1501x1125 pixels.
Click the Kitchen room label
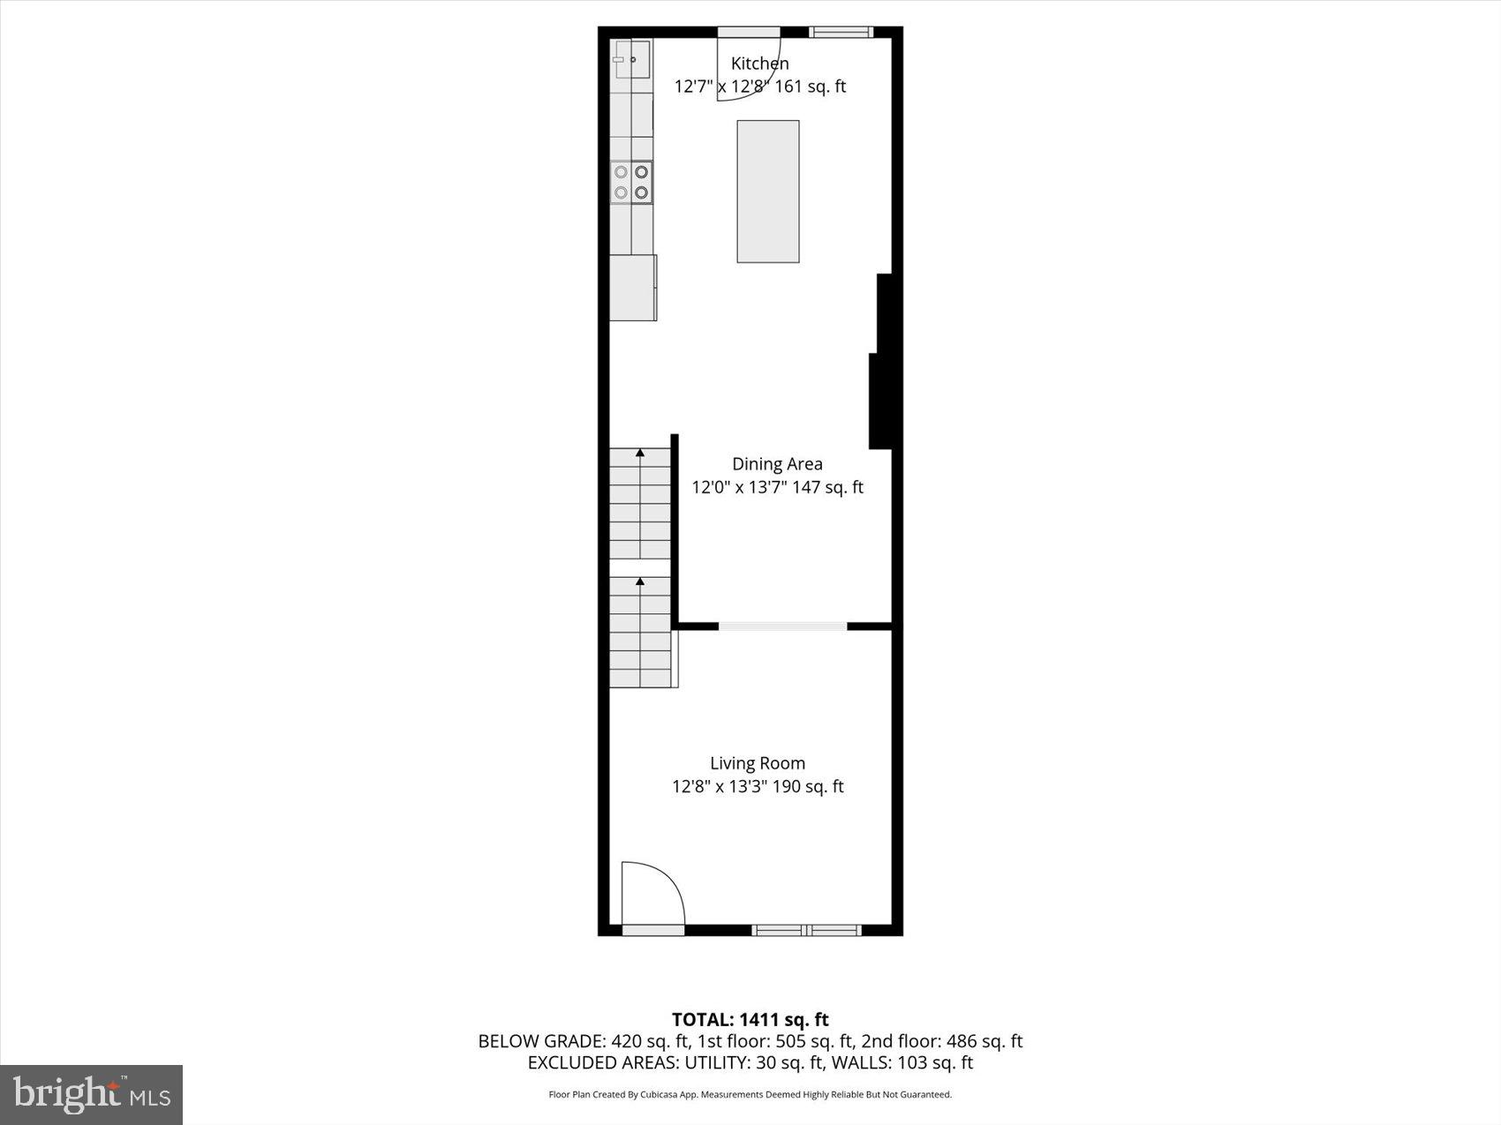[759, 64]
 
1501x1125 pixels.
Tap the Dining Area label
[777, 464]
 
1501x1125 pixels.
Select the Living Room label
[758, 763]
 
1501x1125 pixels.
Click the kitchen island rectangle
[768, 191]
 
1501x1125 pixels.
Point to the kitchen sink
[632, 59]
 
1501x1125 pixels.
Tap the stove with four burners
[631, 183]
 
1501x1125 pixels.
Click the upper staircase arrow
[640, 454]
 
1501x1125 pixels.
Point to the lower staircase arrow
[640, 581]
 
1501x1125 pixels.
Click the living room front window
[806, 929]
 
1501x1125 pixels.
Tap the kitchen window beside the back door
[841, 33]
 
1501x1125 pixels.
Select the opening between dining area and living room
[783, 626]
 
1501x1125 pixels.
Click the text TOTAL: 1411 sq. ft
[750, 1020]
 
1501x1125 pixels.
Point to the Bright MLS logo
[92, 1095]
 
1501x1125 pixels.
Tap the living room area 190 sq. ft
[808, 786]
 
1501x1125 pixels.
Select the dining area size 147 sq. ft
[827, 487]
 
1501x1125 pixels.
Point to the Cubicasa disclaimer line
[750, 1095]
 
